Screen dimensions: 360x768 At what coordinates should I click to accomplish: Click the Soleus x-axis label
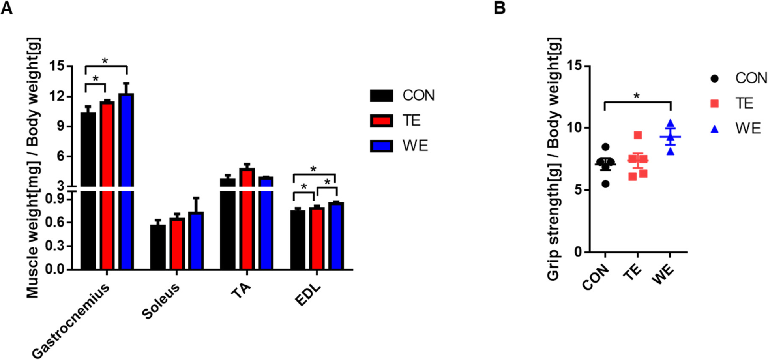161,301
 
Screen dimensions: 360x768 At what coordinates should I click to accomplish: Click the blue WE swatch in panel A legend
381,146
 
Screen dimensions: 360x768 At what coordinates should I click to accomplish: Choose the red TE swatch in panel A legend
381,120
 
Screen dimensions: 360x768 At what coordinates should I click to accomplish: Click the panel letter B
499,7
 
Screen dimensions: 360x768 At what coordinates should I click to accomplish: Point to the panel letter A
7,7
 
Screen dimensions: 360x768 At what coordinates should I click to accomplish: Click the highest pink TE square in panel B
638,135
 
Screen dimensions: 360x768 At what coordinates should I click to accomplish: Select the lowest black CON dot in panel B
605,184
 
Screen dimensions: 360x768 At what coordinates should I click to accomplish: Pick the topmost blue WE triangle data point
670,123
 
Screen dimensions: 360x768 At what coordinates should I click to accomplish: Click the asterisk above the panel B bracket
637,96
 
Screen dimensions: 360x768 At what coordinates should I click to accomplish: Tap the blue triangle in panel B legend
714,129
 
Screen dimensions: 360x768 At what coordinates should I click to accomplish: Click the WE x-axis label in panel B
663,275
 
